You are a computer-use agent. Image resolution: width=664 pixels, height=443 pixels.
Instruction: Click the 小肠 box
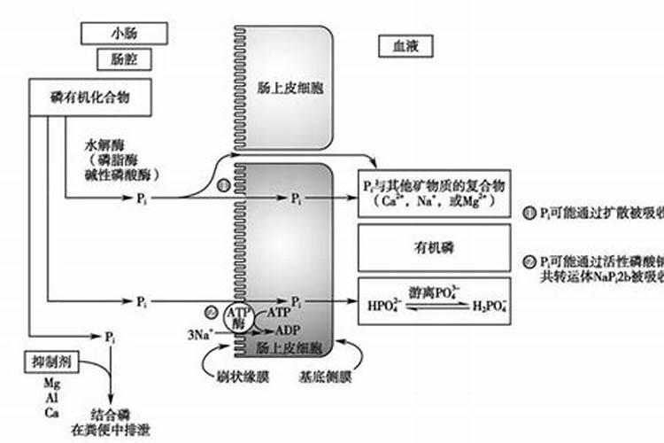123,33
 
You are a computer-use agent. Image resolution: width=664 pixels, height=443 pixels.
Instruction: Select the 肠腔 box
123,60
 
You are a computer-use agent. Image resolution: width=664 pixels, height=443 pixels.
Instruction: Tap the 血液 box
405,46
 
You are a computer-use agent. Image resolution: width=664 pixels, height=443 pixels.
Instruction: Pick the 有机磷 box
434,248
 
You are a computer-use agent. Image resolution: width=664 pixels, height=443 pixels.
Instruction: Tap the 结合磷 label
110,413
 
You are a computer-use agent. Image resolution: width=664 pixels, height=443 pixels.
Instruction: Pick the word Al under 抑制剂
50,399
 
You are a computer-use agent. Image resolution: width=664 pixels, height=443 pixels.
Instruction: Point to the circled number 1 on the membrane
223,185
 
